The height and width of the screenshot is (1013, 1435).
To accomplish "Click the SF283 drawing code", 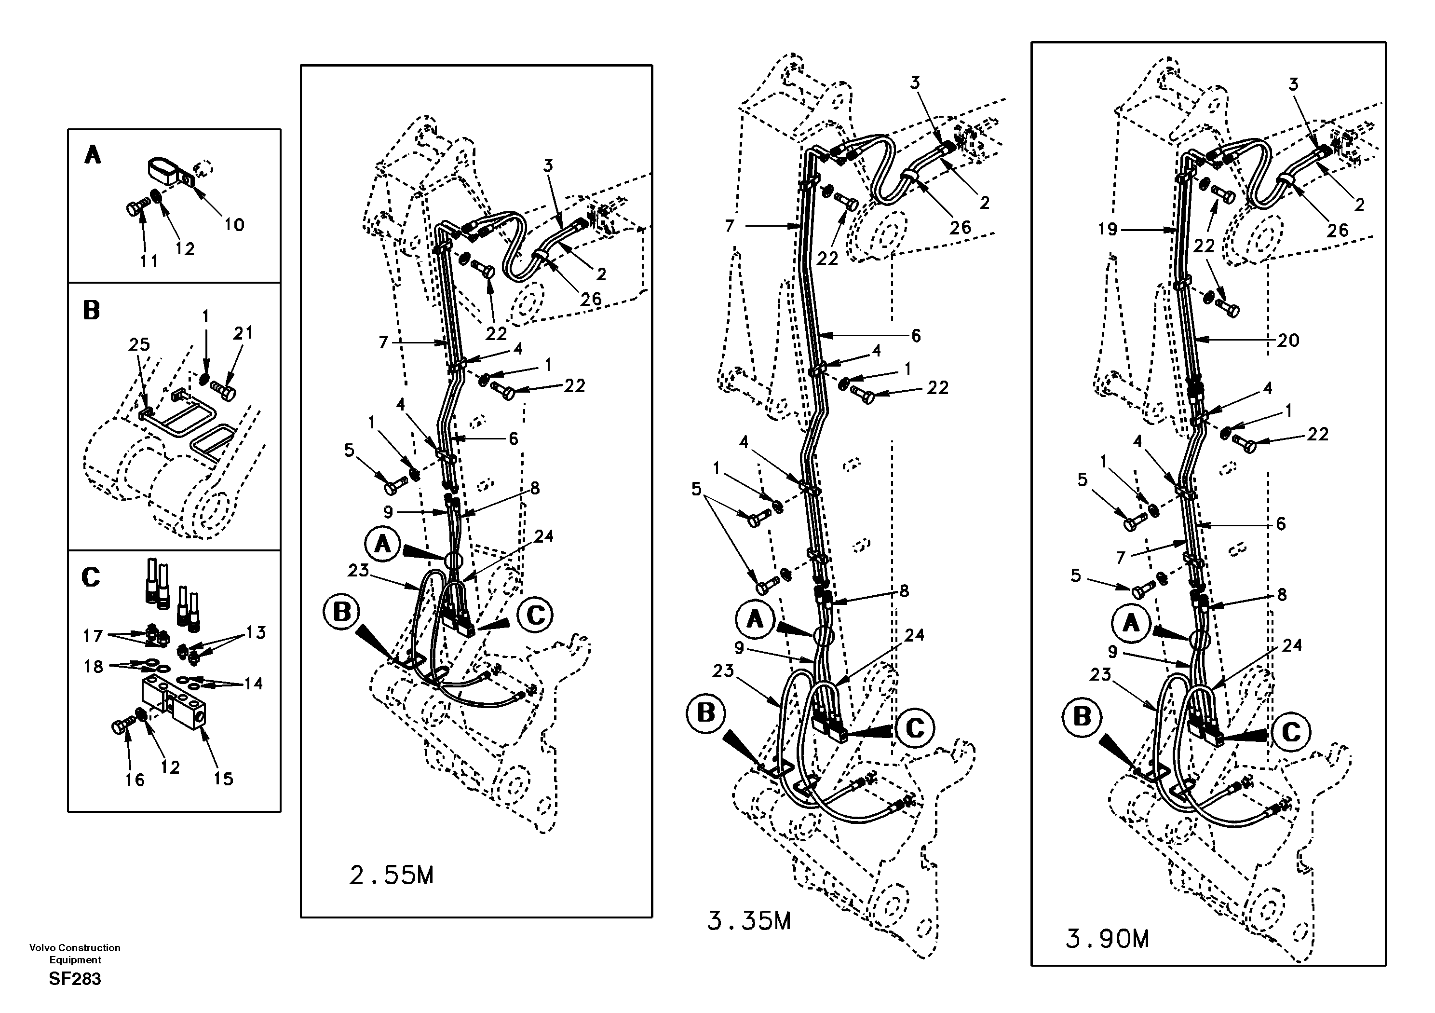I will (75, 979).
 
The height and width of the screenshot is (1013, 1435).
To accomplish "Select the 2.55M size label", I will (391, 876).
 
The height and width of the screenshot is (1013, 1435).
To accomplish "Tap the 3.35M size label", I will (749, 921).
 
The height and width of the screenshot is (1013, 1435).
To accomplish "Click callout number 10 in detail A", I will (234, 224).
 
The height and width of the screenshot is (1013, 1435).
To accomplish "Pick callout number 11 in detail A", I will (149, 261).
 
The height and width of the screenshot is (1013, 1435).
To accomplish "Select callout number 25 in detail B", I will (139, 344).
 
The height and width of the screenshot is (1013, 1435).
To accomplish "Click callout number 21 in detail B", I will (243, 333).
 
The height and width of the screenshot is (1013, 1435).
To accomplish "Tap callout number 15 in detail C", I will (223, 779).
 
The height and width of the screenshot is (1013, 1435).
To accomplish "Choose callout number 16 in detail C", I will (135, 780).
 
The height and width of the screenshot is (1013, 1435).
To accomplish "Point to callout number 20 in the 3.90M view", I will (1288, 340).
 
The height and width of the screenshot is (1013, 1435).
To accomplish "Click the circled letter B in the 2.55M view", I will (342, 612).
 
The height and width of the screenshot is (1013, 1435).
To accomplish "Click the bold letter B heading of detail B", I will (91, 311).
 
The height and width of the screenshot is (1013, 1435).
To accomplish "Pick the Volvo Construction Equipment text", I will (75, 954).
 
